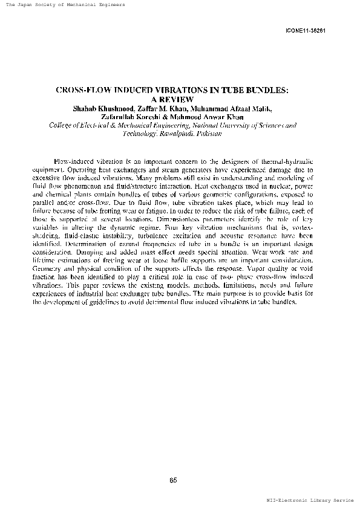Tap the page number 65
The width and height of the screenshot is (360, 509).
[x=173, y=479]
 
